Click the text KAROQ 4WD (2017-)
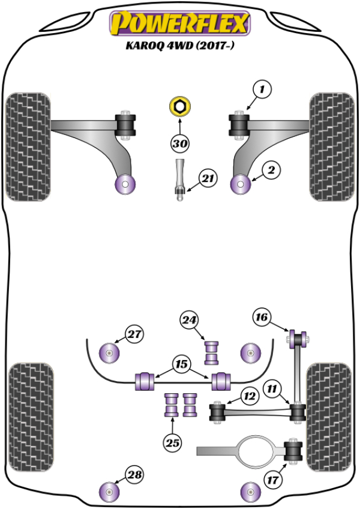[x=179, y=46]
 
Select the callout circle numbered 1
[x=262, y=90]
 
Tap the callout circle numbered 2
[x=270, y=171]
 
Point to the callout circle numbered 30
[x=179, y=143]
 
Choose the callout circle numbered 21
[x=208, y=178]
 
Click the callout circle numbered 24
[x=190, y=321]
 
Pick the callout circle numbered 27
[x=134, y=334]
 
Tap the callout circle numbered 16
[x=262, y=317]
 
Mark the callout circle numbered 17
[x=274, y=479]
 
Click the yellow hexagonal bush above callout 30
[x=179, y=107]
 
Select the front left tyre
[x=26, y=146]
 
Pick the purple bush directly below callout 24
[x=211, y=352]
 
